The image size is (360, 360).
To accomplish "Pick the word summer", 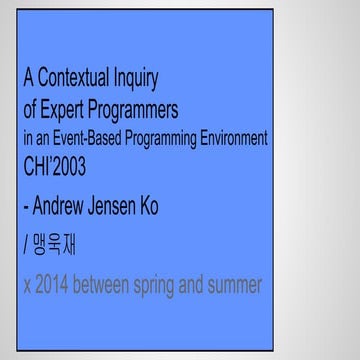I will [237, 285].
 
